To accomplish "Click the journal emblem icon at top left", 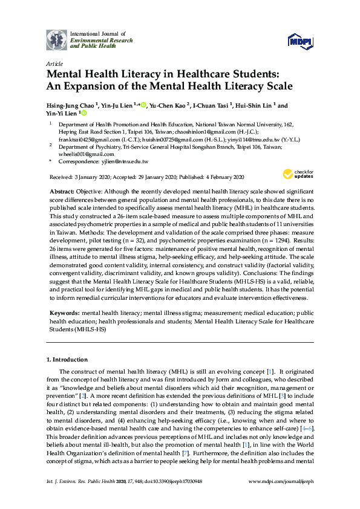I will pyautogui.click(x=56, y=39).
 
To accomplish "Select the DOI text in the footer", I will pyautogui.click(x=183, y=498).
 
